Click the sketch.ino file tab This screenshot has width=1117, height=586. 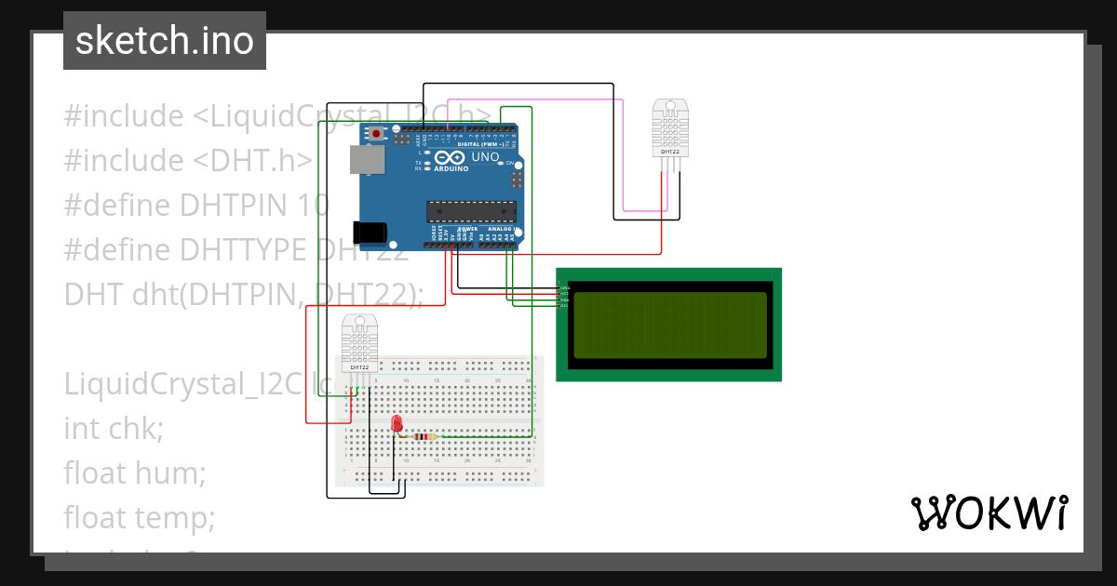(165, 41)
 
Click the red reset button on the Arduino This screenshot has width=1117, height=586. (376, 134)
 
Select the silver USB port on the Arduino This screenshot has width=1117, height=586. (367, 159)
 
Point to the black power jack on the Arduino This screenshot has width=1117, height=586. (369, 232)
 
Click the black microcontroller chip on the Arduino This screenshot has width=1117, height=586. (470, 212)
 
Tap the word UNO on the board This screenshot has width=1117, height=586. (486, 158)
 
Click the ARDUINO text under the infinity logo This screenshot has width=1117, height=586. (451, 169)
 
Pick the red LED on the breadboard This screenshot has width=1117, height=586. (397, 424)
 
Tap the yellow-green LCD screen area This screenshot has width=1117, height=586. (669, 325)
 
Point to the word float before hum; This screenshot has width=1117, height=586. (94, 473)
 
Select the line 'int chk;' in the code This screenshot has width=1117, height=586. (114, 429)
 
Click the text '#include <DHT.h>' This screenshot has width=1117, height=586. (187, 161)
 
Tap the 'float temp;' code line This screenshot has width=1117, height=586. (140, 516)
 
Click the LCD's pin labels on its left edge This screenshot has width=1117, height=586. (562, 294)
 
